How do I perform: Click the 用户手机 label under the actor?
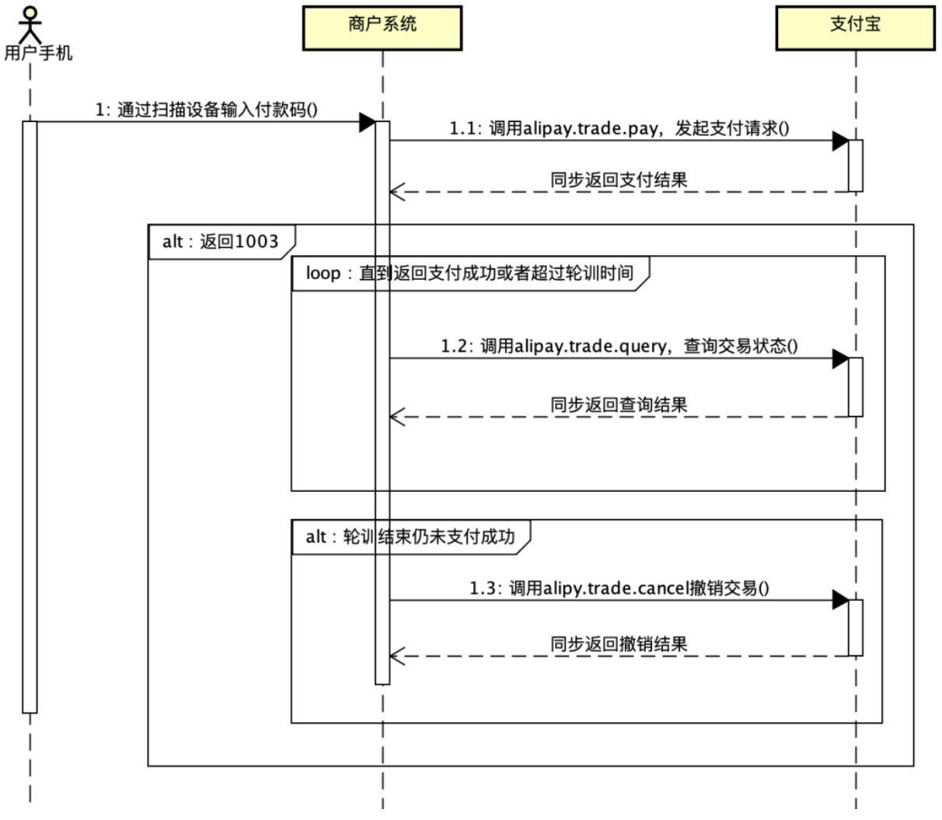[38, 53]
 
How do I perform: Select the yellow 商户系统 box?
[382, 28]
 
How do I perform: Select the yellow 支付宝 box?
[855, 28]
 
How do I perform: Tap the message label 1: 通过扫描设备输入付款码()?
[206, 110]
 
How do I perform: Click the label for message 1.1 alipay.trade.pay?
[619, 128]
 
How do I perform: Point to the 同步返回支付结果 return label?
[619, 180]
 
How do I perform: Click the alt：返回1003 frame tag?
[220, 242]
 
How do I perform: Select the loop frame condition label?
[469, 274]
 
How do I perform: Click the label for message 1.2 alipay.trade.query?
[619, 346]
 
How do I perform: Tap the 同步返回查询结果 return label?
[619, 405]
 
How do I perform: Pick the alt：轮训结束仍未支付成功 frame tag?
[410, 537]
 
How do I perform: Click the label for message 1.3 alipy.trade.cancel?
[619, 588]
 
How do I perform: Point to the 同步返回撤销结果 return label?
[619, 644]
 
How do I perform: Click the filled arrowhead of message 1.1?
[839, 141]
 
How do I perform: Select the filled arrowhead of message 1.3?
[839, 600]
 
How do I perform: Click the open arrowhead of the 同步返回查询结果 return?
[396, 417]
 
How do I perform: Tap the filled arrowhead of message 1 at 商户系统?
[367, 121]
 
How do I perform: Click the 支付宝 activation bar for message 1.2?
[856, 386]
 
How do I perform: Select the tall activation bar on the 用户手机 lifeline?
[30, 416]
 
